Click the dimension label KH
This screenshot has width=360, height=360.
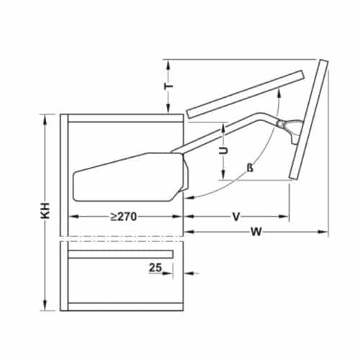click(x=45, y=211)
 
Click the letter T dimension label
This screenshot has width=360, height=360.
click(x=168, y=86)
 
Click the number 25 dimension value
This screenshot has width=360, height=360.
click(x=155, y=268)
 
